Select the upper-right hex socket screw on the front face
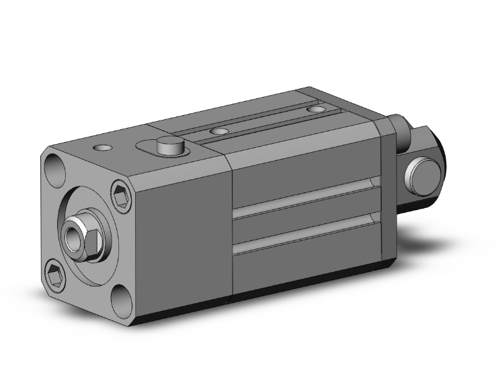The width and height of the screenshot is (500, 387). [122, 192]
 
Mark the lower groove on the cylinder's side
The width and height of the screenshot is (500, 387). [306, 232]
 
